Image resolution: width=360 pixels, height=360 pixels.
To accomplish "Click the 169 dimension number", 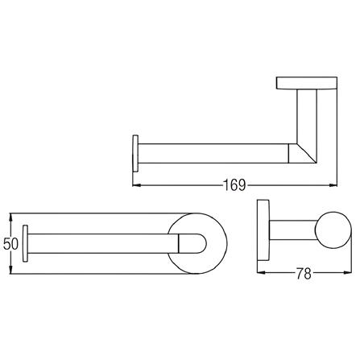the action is pos(234,185).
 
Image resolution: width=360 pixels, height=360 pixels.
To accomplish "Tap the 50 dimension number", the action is pos(10,244).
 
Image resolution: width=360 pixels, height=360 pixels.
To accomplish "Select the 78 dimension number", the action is pos(304,273).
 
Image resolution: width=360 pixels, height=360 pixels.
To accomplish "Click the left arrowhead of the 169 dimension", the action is pos(137,184).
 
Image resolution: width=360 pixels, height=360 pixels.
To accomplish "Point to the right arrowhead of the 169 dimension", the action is pos(333,184).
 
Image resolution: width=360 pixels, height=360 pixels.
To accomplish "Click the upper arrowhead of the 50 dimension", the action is pos(10,217).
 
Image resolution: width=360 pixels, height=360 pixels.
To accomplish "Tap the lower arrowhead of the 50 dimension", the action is pos(10,270).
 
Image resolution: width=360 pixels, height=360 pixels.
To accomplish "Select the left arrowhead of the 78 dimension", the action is pos(261,272).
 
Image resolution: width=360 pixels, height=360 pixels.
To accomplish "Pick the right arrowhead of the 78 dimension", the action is pos(347,272).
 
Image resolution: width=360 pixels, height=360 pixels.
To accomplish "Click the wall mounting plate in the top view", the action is pos(307,83).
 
